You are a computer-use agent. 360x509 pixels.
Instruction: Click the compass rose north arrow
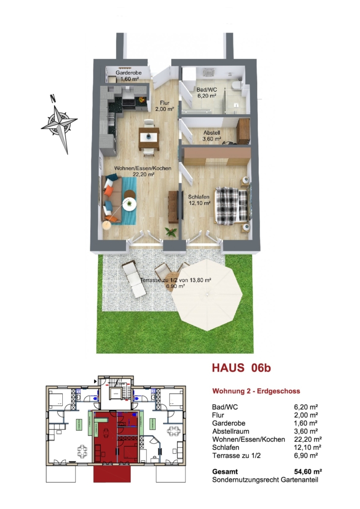[59, 125]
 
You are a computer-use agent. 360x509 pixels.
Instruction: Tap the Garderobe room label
[129, 76]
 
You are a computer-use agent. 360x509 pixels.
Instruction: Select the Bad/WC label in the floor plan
[207, 92]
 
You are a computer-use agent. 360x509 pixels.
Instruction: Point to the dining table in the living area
[149, 137]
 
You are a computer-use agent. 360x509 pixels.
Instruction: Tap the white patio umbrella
[207, 294]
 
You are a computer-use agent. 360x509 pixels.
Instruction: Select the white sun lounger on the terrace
[134, 279]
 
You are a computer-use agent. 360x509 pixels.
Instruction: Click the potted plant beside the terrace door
[171, 232]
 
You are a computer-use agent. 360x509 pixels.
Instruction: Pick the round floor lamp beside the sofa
[107, 225]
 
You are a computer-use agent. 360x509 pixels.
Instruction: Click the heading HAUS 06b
[241, 368]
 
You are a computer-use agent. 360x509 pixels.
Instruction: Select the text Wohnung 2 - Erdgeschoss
[256, 391]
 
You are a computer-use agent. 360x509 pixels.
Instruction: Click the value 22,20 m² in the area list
[308, 439]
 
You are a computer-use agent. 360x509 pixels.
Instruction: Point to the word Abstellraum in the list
[230, 431]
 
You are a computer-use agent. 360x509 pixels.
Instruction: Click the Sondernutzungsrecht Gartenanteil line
[265, 480]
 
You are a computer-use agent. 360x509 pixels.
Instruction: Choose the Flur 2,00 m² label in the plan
[164, 106]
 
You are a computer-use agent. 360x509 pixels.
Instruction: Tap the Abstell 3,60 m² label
[212, 136]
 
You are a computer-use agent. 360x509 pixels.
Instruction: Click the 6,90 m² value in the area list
[306, 456]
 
